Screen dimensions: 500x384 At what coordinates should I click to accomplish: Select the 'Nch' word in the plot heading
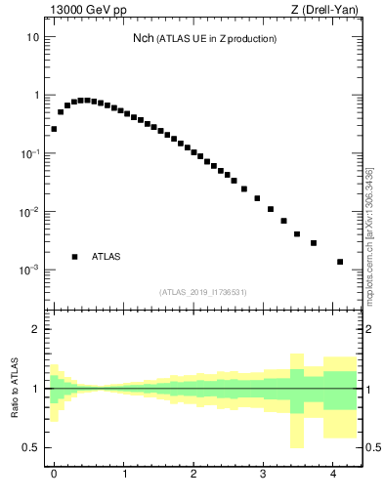(x=143, y=38)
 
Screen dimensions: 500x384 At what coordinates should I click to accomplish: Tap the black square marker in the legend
(x=74, y=257)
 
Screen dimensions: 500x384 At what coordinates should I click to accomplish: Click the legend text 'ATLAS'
(x=107, y=257)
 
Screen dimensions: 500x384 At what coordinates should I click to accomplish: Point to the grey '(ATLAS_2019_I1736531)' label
(x=203, y=292)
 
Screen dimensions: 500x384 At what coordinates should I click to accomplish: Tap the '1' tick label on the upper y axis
(x=36, y=96)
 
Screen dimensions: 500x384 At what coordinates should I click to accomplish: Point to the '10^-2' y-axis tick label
(x=31, y=212)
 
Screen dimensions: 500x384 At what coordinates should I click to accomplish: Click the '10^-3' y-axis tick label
(x=31, y=270)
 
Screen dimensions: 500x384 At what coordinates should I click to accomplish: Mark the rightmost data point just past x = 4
(x=340, y=262)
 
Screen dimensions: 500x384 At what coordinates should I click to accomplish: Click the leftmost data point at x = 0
(x=54, y=129)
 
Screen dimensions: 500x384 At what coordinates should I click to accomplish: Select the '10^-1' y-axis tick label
(x=31, y=154)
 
